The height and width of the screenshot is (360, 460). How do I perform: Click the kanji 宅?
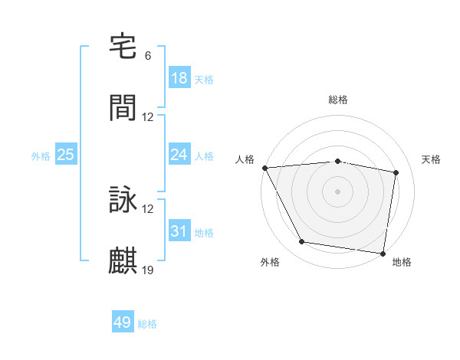(x=123, y=47)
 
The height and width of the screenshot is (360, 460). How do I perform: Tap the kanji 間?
(x=123, y=108)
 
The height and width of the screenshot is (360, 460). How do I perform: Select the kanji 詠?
(x=123, y=200)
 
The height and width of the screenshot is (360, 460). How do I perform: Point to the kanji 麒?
(x=123, y=261)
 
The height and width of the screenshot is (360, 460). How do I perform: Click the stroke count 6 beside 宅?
(x=148, y=56)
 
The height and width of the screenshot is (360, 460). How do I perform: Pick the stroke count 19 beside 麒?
(x=148, y=270)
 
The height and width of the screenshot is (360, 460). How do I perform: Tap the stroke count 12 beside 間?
(x=148, y=117)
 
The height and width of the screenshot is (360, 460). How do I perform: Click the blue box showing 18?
(x=179, y=78)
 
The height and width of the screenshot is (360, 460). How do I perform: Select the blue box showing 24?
(x=179, y=155)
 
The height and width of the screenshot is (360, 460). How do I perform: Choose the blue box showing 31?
(x=179, y=231)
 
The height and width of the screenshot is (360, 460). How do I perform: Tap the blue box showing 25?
(x=66, y=155)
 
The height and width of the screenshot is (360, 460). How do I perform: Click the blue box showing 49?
(x=123, y=322)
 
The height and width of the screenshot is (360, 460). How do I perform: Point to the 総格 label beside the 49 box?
(x=147, y=324)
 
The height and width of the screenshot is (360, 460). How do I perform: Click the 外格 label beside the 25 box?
(x=41, y=156)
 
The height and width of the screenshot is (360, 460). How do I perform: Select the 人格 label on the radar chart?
(x=246, y=159)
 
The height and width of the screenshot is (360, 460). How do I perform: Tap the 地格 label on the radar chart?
(x=402, y=262)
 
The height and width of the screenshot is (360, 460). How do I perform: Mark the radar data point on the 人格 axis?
(x=264, y=168)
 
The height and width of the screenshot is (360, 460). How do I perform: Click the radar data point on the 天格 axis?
(x=396, y=172)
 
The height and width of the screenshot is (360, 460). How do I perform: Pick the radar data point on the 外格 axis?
(x=302, y=242)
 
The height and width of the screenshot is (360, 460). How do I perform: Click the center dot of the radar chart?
(x=338, y=191)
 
